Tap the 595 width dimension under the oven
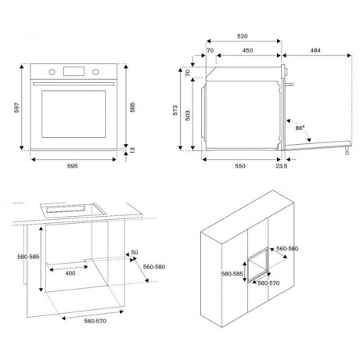click(72, 167)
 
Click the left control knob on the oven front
click(52, 73)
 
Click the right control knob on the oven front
click(96, 73)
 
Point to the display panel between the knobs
click(74, 73)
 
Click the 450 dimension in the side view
click(248, 52)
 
